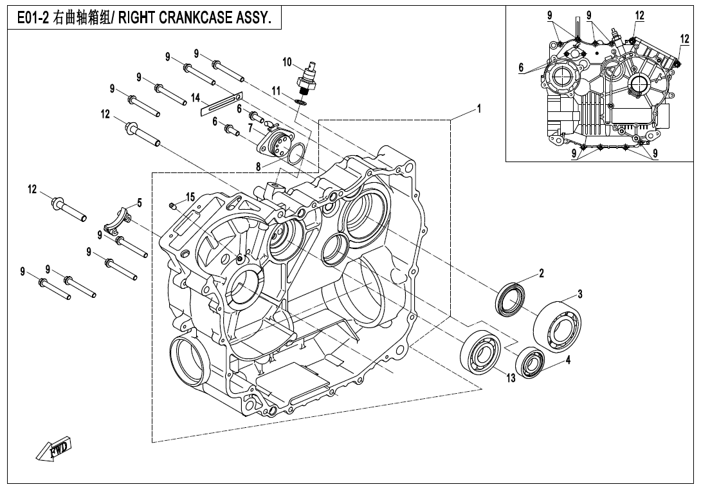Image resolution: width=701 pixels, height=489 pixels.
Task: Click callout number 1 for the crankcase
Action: [x=478, y=109]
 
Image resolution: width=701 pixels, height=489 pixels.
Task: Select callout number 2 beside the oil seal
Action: [x=542, y=273]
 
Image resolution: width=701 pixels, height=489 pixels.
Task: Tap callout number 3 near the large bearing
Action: [x=579, y=295]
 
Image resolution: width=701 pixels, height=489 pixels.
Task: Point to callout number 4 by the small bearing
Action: [x=568, y=361]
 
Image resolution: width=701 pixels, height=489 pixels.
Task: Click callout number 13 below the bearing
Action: [x=510, y=378]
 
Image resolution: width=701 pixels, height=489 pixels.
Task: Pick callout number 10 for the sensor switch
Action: [x=287, y=62]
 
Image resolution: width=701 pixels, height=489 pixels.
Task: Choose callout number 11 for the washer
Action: [x=275, y=91]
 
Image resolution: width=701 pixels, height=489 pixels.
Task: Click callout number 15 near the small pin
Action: [x=190, y=196]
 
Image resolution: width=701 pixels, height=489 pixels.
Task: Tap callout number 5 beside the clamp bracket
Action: [x=140, y=202]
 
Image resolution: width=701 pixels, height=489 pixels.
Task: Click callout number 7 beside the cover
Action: [x=241, y=128]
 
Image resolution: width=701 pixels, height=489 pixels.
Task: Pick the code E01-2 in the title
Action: [x=32, y=19]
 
